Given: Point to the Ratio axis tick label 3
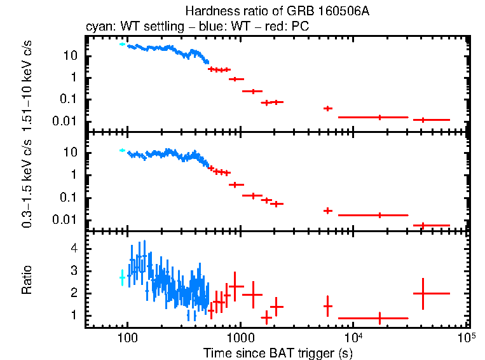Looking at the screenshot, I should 75,271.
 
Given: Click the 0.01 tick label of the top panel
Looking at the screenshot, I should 67,121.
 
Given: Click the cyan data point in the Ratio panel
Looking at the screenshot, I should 122,277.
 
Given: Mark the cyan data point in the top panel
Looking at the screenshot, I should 122,44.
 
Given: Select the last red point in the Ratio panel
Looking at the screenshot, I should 423,293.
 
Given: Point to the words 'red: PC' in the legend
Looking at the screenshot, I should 290,28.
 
